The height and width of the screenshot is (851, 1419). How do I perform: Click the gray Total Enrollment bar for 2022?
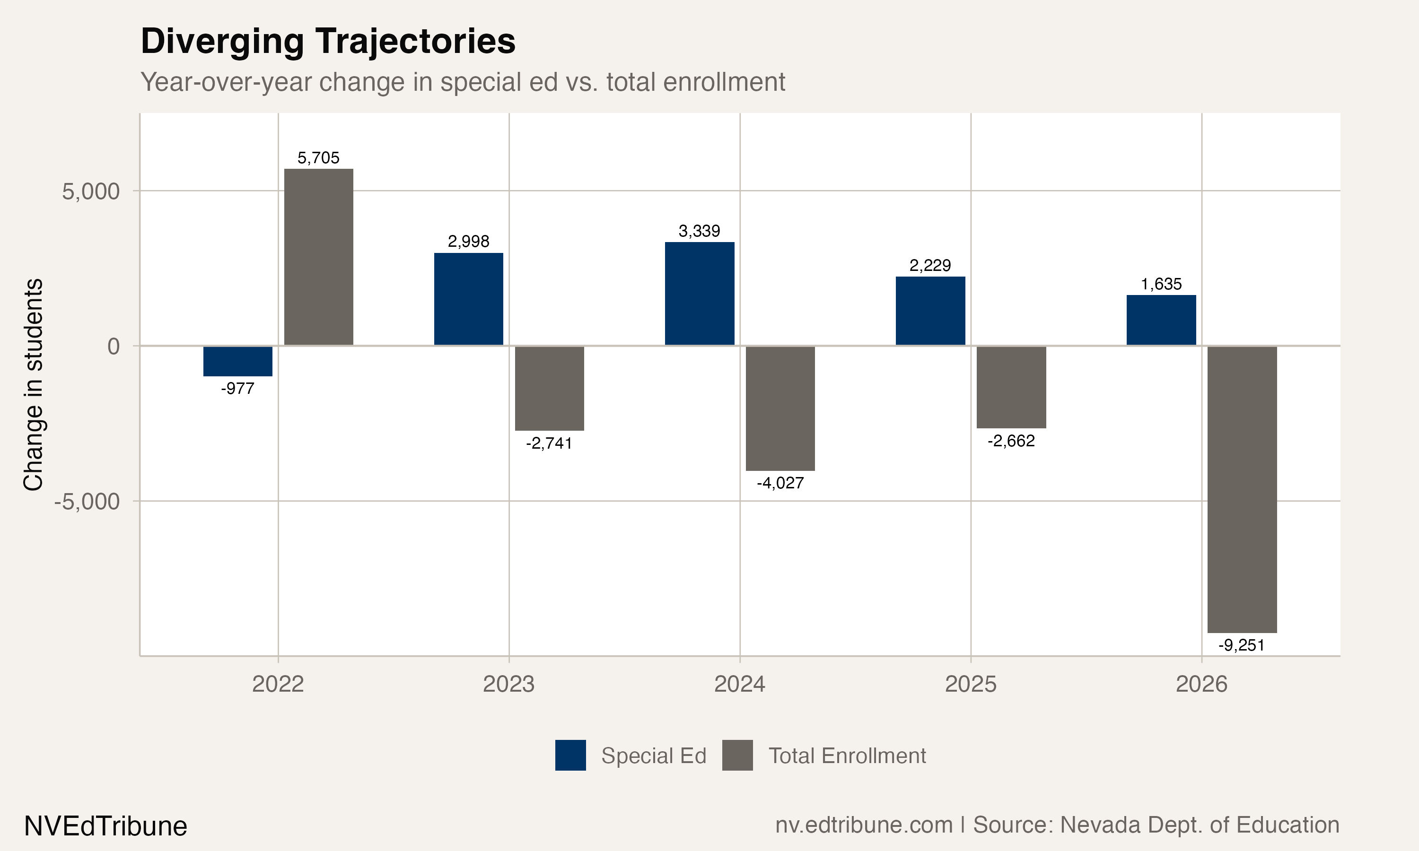click(x=318, y=257)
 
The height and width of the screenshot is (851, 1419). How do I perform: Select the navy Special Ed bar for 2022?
click(x=237, y=361)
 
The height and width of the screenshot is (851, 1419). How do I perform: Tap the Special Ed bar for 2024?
click(x=699, y=294)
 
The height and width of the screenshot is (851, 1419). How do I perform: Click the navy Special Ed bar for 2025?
click(x=930, y=311)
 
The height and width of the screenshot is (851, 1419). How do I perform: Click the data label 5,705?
click(x=318, y=158)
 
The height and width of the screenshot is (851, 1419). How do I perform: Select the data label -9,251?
click(x=1241, y=645)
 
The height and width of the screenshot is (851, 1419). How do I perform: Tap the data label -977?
click(x=237, y=389)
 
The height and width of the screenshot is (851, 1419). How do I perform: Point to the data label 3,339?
click(x=699, y=231)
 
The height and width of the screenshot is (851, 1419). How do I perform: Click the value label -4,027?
click(x=780, y=483)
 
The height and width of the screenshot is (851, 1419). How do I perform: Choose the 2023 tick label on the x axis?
click(x=509, y=684)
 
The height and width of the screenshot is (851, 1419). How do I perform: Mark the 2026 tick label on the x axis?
click(x=1201, y=684)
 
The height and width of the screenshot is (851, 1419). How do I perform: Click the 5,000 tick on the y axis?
click(x=91, y=191)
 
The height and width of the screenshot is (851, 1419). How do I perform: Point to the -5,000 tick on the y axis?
click(x=87, y=502)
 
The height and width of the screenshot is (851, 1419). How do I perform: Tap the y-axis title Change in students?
click(x=33, y=385)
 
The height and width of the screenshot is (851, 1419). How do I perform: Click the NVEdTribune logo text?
click(x=105, y=826)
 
